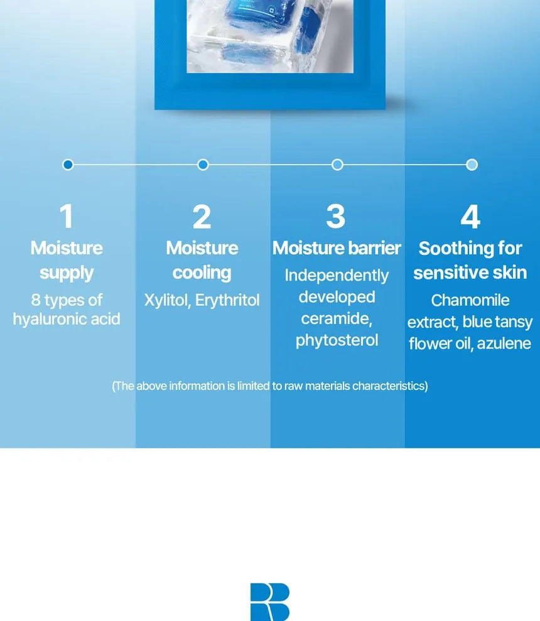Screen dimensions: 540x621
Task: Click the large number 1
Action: coord(67,216)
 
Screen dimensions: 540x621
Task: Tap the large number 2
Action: coord(202,216)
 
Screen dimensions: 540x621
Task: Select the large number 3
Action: coord(336,216)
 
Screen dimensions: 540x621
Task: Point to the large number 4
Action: coord(471,216)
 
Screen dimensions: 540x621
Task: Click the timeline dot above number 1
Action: coord(68,165)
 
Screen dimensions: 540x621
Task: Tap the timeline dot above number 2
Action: coord(203,165)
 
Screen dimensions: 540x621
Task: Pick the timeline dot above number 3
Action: coord(337,165)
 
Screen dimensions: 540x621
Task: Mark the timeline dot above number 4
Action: coord(472,165)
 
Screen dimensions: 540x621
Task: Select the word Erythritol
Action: coord(227,300)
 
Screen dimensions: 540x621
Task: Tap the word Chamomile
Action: coord(470,300)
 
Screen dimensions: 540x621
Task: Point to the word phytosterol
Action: coord(337,340)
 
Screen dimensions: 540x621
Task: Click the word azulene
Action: coord(504,343)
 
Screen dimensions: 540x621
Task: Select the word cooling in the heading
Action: coord(202,273)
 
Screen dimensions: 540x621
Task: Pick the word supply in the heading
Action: coord(67,273)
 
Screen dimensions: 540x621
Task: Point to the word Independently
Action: coord(337,276)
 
